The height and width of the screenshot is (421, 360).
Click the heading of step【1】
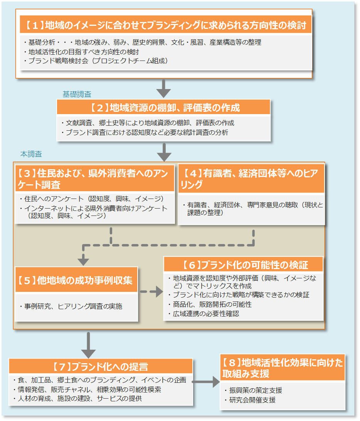(166, 25)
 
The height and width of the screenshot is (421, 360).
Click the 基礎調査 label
(77, 94)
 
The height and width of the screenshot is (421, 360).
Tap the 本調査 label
(31, 154)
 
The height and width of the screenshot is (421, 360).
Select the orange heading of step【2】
(163, 108)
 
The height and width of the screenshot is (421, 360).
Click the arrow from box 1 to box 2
(164, 88)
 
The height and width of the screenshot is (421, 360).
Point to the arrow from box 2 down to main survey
(164, 152)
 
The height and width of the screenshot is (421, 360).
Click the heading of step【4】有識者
(251, 179)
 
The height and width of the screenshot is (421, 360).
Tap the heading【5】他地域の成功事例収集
(76, 280)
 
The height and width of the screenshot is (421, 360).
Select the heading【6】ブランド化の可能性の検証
(243, 265)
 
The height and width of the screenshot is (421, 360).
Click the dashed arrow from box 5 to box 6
(151, 291)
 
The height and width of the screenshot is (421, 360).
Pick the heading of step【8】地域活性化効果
(282, 367)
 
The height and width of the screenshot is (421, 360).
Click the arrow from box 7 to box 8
(205, 382)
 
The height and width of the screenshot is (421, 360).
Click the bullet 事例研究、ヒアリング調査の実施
(73, 306)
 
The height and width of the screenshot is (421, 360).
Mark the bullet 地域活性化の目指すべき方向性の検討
(84, 51)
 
